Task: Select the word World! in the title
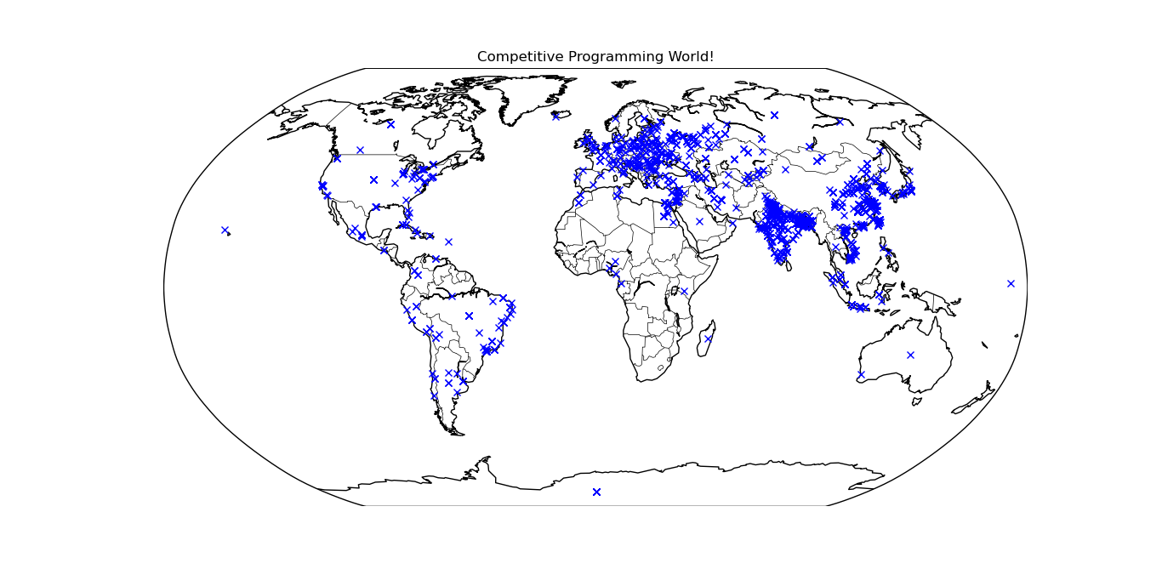(x=691, y=57)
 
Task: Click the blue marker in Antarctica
(x=596, y=492)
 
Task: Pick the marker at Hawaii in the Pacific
(x=225, y=230)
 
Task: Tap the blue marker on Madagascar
(x=708, y=339)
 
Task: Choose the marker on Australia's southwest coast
(x=860, y=374)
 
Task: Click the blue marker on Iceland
(x=555, y=116)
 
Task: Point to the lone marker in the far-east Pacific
(x=1011, y=283)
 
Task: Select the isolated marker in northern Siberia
(x=774, y=115)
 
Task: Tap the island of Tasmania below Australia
(x=915, y=400)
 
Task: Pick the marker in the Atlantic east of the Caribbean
(x=448, y=242)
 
